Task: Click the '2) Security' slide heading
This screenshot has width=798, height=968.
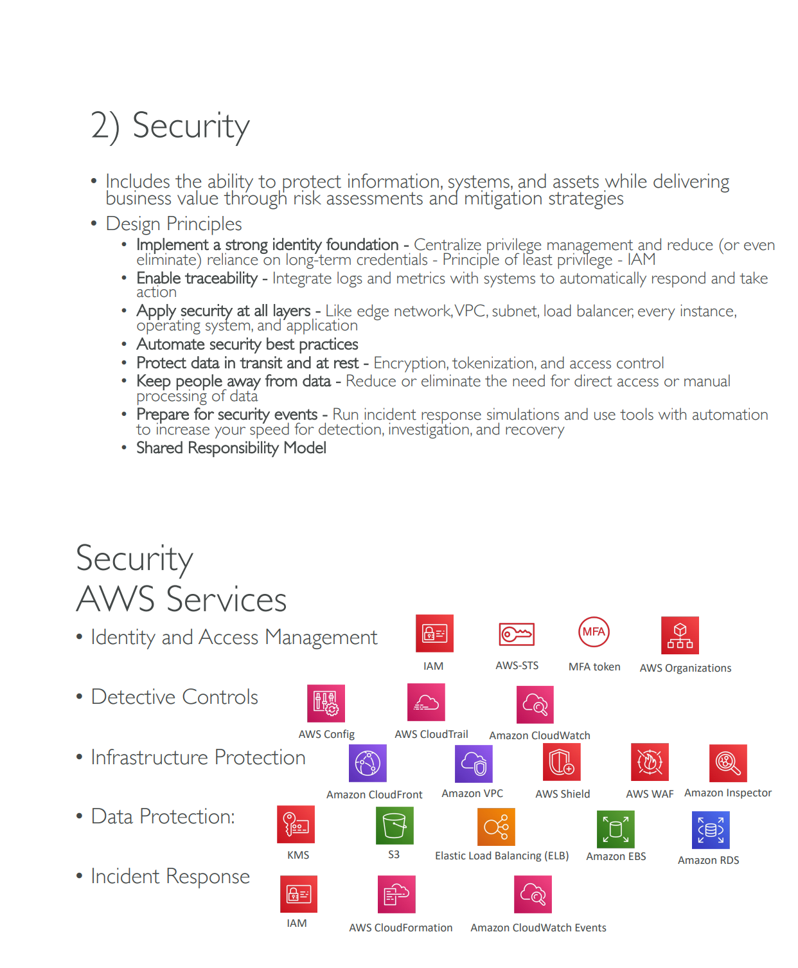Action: coord(170,126)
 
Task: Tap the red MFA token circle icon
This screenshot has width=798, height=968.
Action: coord(594,632)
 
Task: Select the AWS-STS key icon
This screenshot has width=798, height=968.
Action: coord(517,634)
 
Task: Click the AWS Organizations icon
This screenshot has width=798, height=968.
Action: coord(680,635)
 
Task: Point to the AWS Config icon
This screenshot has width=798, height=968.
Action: coord(326,703)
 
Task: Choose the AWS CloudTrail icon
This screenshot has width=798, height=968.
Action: coord(426,702)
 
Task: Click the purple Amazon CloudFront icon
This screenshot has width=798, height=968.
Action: coord(368,763)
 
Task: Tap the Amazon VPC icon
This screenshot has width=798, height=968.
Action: coord(474,764)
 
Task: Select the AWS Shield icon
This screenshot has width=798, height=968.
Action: coord(562,762)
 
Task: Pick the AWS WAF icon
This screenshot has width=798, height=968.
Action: coord(650,762)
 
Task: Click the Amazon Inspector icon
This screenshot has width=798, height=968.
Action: coord(728,763)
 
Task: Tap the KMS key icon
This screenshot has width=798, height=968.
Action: coord(296,824)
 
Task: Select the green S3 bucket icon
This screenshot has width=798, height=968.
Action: coord(395,825)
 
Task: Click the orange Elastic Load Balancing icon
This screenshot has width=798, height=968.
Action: coord(496,827)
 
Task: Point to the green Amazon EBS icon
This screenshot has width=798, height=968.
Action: coord(616,829)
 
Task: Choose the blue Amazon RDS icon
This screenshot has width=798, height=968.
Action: coord(711,830)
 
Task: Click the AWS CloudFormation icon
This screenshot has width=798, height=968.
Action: coord(396,894)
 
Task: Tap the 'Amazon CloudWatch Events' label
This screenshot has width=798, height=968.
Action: coord(538,928)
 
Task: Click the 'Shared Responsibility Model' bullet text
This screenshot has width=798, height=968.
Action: coord(231,448)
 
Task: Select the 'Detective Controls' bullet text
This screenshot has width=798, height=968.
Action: coord(175,697)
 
